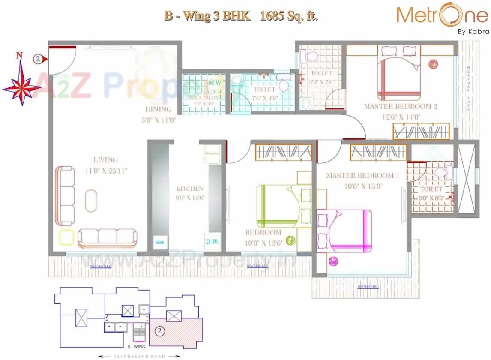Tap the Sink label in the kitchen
[x=160, y=242]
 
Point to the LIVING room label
[x=105, y=160]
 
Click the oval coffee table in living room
[x=91, y=200]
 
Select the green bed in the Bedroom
[x=276, y=206]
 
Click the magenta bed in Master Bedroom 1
[x=344, y=231]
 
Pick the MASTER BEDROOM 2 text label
[x=400, y=106]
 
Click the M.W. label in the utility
[x=215, y=82]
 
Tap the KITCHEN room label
[x=189, y=189]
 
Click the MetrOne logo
[x=441, y=16]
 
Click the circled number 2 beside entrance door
[x=38, y=59]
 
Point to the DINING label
[x=158, y=109]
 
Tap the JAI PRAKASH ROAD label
[x=139, y=356]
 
